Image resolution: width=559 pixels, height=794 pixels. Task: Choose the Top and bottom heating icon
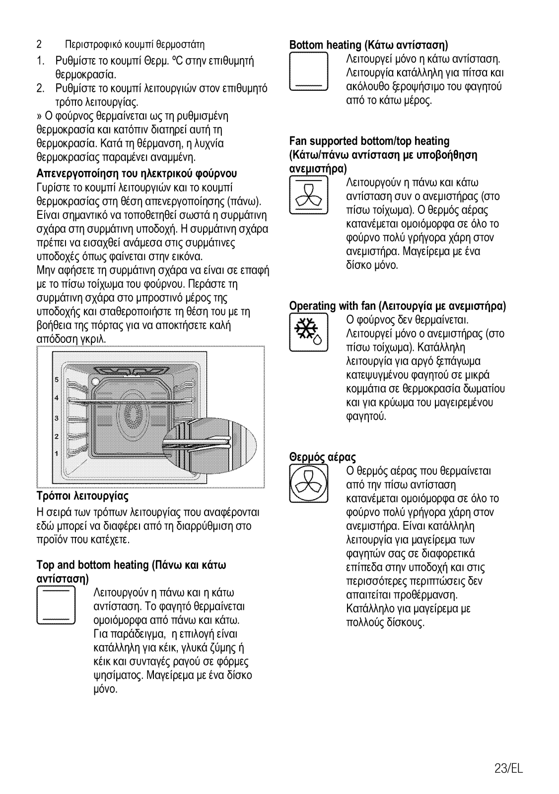pos(56,605)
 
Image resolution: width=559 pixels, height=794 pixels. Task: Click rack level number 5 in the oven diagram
pos(57,380)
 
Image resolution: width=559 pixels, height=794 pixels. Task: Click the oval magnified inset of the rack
pos(211,443)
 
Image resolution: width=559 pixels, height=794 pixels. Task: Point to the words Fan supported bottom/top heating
pos(369,141)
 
